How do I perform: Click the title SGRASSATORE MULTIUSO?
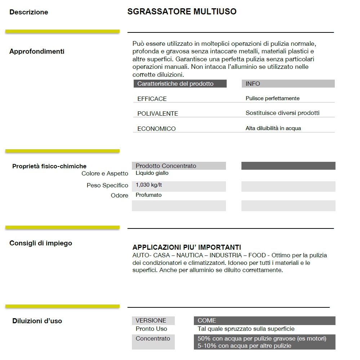tap(182, 12)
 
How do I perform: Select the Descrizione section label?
tap(28, 12)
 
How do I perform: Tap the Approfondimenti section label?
tap(37, 52)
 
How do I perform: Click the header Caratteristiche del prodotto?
tap(175, 84)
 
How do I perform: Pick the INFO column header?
tap(253, 84)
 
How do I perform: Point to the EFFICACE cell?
tap(152, 99)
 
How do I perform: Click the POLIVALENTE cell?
tap(157, 114)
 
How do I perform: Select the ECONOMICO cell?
tap(156, 129)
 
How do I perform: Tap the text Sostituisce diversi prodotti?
tap(283, 113)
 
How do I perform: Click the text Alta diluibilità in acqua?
tap(273, 128)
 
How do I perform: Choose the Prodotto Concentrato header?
tap(166, 166)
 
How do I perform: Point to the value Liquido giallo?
tap(152, 173)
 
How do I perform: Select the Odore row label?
tap(119, 195)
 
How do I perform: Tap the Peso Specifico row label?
tap(107, 185)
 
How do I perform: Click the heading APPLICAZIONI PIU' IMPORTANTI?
tap(187, 247)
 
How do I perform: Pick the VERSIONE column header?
tap(151, 320)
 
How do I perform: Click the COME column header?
tap(207, 320)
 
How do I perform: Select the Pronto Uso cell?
tap(151, 329)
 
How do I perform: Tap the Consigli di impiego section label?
tap(41, 243)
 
